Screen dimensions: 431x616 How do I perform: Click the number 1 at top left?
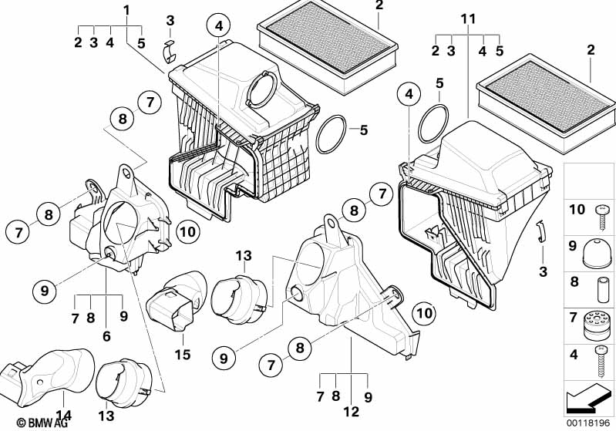(126, 9)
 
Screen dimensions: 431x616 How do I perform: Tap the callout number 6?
(106, 336)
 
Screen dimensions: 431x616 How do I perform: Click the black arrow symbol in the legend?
(588, 400)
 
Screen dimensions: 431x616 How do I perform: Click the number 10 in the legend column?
(577, 210)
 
